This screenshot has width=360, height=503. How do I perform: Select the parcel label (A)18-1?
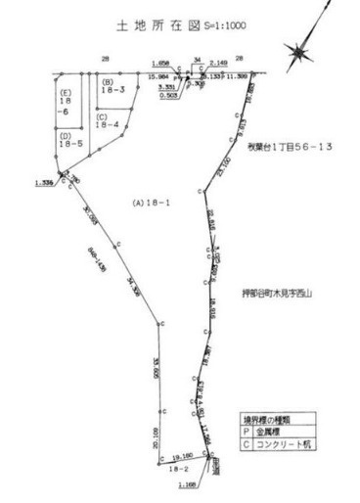pyautogui.click(x=153, y=203)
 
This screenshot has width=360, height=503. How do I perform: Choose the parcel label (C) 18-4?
pyautogui.click(x=108, y=120)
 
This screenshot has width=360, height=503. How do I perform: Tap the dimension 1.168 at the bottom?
pyautogui.click(x=189, y=483)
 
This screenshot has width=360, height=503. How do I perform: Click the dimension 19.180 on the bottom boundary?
pyautogui.click(x=182, y=455)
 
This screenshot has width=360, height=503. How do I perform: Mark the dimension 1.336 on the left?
pyautogui.click(x=42, y=182)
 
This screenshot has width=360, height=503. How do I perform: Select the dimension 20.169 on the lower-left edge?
pyautogui.click(x=156, y=431)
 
